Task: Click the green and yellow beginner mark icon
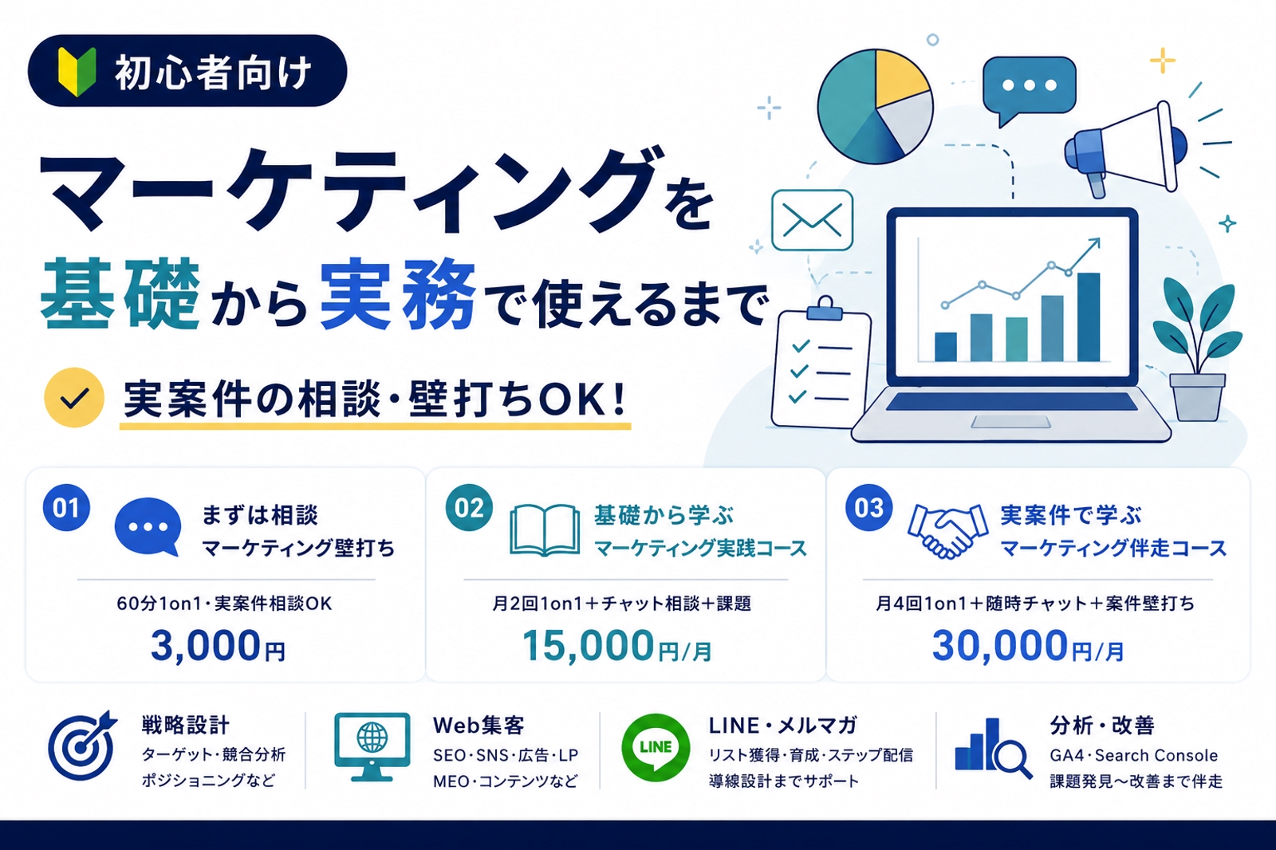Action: [77, 72]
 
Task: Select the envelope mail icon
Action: [812, 221]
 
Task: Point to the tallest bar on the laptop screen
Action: [1088, 317]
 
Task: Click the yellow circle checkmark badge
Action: [74, 398]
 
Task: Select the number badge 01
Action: [66, 508]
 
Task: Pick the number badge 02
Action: [469, 508]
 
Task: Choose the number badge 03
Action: [868, 508]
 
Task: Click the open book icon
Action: [545, 529]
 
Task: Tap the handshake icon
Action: [947, 530]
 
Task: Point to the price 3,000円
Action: [219, 646]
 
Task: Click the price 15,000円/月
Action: [617, 646]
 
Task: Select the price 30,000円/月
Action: [1028, 646]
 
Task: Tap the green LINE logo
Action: [655, 747]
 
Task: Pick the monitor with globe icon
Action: [372, 747]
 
